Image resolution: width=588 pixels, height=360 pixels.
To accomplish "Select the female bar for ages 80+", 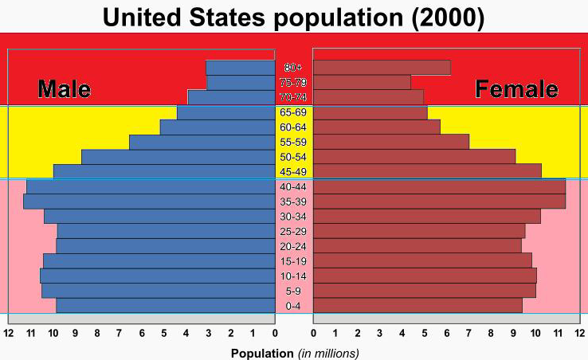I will tap(382, 68).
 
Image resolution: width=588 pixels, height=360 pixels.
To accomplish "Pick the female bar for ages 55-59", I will tap(391, 142).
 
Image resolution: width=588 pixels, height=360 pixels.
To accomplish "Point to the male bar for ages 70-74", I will tap(231, 97).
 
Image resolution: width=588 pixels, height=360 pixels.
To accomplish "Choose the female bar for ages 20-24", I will tap(417, 246).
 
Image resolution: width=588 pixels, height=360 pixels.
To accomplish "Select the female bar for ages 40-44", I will tap(439, 186).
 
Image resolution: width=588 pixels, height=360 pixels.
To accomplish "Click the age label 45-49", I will tap(293, 172).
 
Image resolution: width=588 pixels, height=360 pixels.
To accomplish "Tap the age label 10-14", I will tap(293, 276).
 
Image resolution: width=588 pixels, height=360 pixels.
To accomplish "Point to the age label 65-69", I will tap(293, 112).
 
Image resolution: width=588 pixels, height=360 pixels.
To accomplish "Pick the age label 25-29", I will tap(293, 232).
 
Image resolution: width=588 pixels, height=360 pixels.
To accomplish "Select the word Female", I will tap(516, 89).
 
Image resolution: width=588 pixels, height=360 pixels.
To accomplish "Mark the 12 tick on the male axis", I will tap(9, 332).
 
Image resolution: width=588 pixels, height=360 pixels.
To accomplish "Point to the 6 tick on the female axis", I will tap(446, 332).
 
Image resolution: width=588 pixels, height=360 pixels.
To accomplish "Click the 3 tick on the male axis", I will tap(209, 332).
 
